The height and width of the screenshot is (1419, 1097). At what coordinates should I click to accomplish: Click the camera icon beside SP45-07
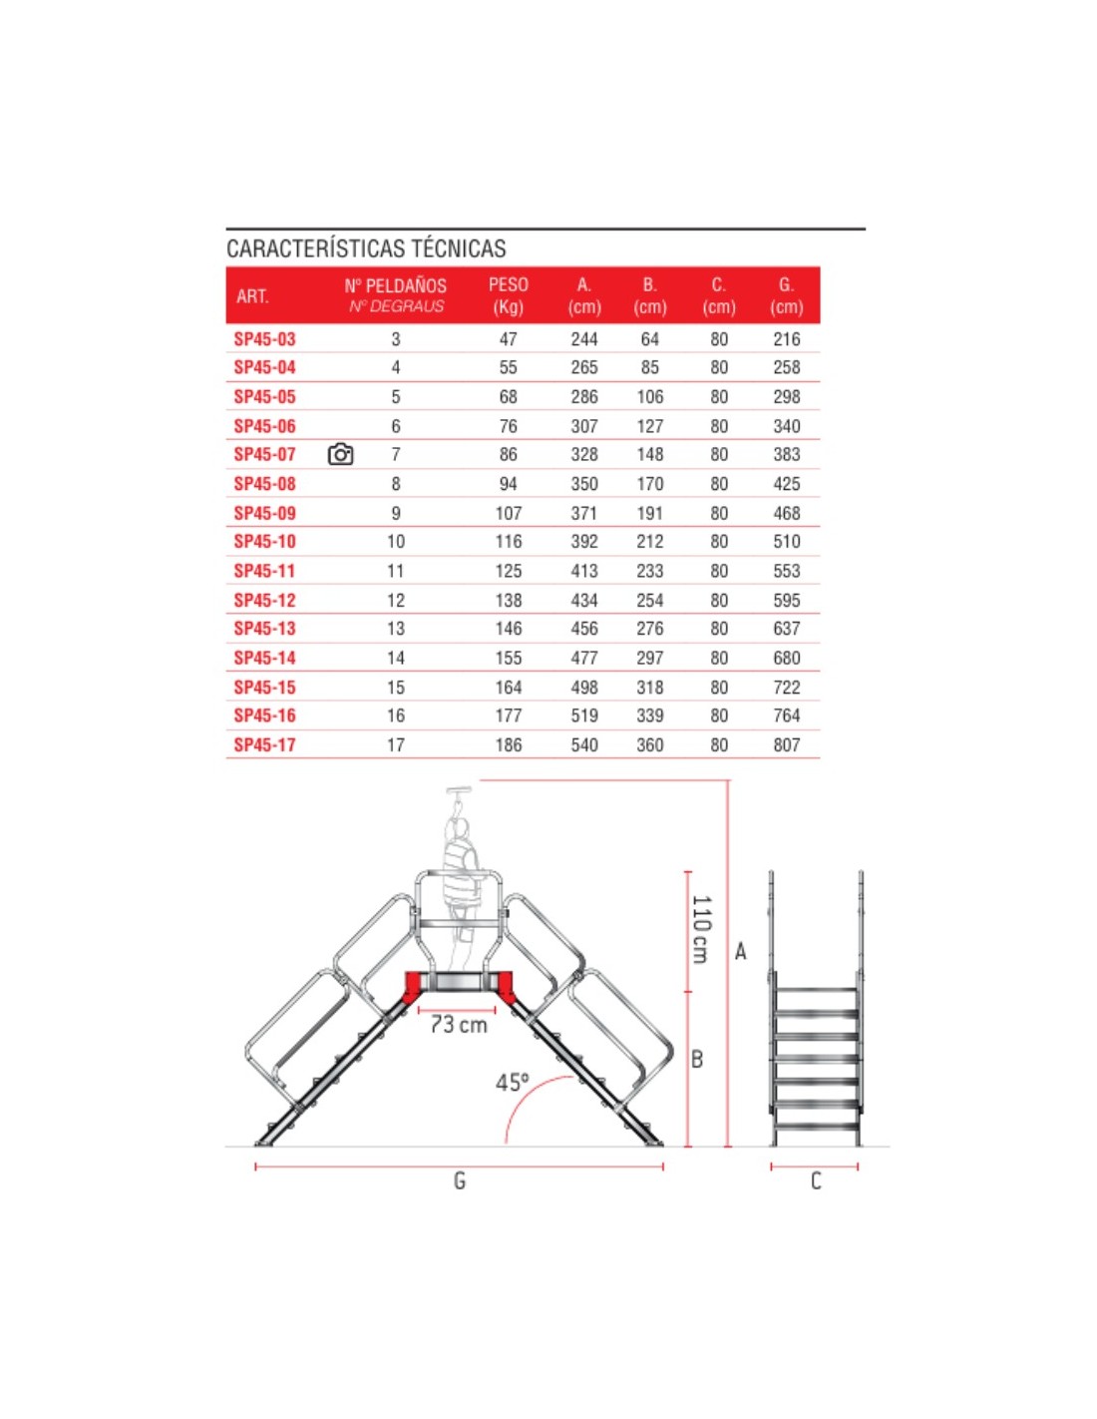click(x=340, y=455)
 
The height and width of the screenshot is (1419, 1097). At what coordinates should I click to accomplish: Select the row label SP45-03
click(x=264, y=339)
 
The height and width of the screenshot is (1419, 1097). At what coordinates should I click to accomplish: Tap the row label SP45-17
click(x=264, y=744)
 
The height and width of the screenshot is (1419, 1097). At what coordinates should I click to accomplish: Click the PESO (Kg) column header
click(x=508, y=295)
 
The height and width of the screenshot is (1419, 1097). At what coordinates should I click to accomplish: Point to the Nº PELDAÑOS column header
click(x=396, y=294)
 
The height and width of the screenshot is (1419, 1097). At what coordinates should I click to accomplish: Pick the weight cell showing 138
click(x=509, y=600)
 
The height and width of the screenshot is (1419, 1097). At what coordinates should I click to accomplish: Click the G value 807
click(x=786, y=744)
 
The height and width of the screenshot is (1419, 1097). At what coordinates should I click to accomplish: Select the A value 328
click(x=584, y=455)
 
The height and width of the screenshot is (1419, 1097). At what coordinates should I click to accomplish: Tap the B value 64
click(x=649, y=339)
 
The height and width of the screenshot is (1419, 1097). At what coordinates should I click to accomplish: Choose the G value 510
click(x=786, y=542)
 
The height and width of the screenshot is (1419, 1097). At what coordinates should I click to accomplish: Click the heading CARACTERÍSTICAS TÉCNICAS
click(x=366, y=248)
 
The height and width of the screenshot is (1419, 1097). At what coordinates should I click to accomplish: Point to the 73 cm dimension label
click(x=459, y=1025)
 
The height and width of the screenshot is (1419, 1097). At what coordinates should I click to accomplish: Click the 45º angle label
click(x=513, y=1083)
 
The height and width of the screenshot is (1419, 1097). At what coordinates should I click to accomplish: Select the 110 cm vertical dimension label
click(x=701, y=929)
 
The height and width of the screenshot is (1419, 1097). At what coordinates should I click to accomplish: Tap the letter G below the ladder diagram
click(x=460, y=1182)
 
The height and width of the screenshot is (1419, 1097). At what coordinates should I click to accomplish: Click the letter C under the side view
click(x=816, y=1182)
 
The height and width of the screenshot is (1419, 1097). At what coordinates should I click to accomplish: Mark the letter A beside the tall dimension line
click(x=741, y=951)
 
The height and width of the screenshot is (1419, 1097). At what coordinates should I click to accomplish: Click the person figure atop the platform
click(x=461, y=878)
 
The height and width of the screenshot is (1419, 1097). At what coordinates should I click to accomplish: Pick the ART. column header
click(x=252, y=296)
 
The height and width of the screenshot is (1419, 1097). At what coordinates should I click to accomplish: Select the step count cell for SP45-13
click(x=396, y=629)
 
